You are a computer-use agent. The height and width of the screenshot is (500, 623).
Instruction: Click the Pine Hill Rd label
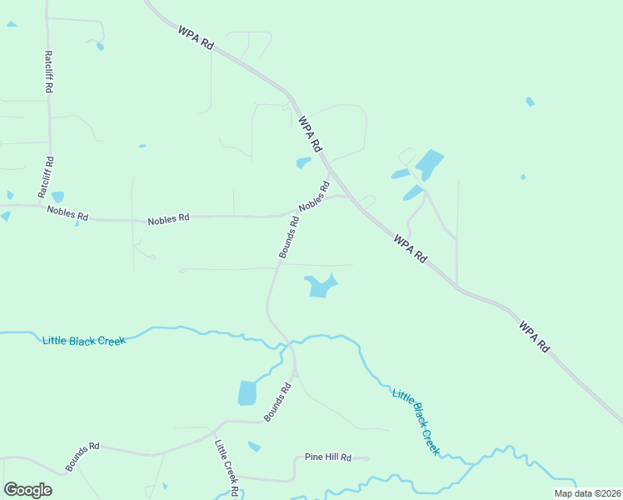point(328,457)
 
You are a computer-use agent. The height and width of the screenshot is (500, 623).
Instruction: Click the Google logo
point(27,489)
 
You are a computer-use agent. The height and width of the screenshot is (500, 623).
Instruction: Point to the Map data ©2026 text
point(586,493)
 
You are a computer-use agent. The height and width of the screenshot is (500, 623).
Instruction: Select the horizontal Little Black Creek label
point(83,340)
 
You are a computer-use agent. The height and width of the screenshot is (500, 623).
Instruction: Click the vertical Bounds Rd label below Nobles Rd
point(289,237)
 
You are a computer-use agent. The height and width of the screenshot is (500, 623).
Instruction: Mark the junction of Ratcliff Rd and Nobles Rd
point(42,205)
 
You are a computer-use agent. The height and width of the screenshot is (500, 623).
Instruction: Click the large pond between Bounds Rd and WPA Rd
point(321,286)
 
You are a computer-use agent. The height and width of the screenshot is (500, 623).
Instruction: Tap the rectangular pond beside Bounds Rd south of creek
point(247,392)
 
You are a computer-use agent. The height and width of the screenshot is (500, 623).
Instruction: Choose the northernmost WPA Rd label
point(196,40)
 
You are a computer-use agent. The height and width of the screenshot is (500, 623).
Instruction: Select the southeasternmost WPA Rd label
point(534,335)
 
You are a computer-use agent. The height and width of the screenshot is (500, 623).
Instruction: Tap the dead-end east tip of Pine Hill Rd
point(368,458)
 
